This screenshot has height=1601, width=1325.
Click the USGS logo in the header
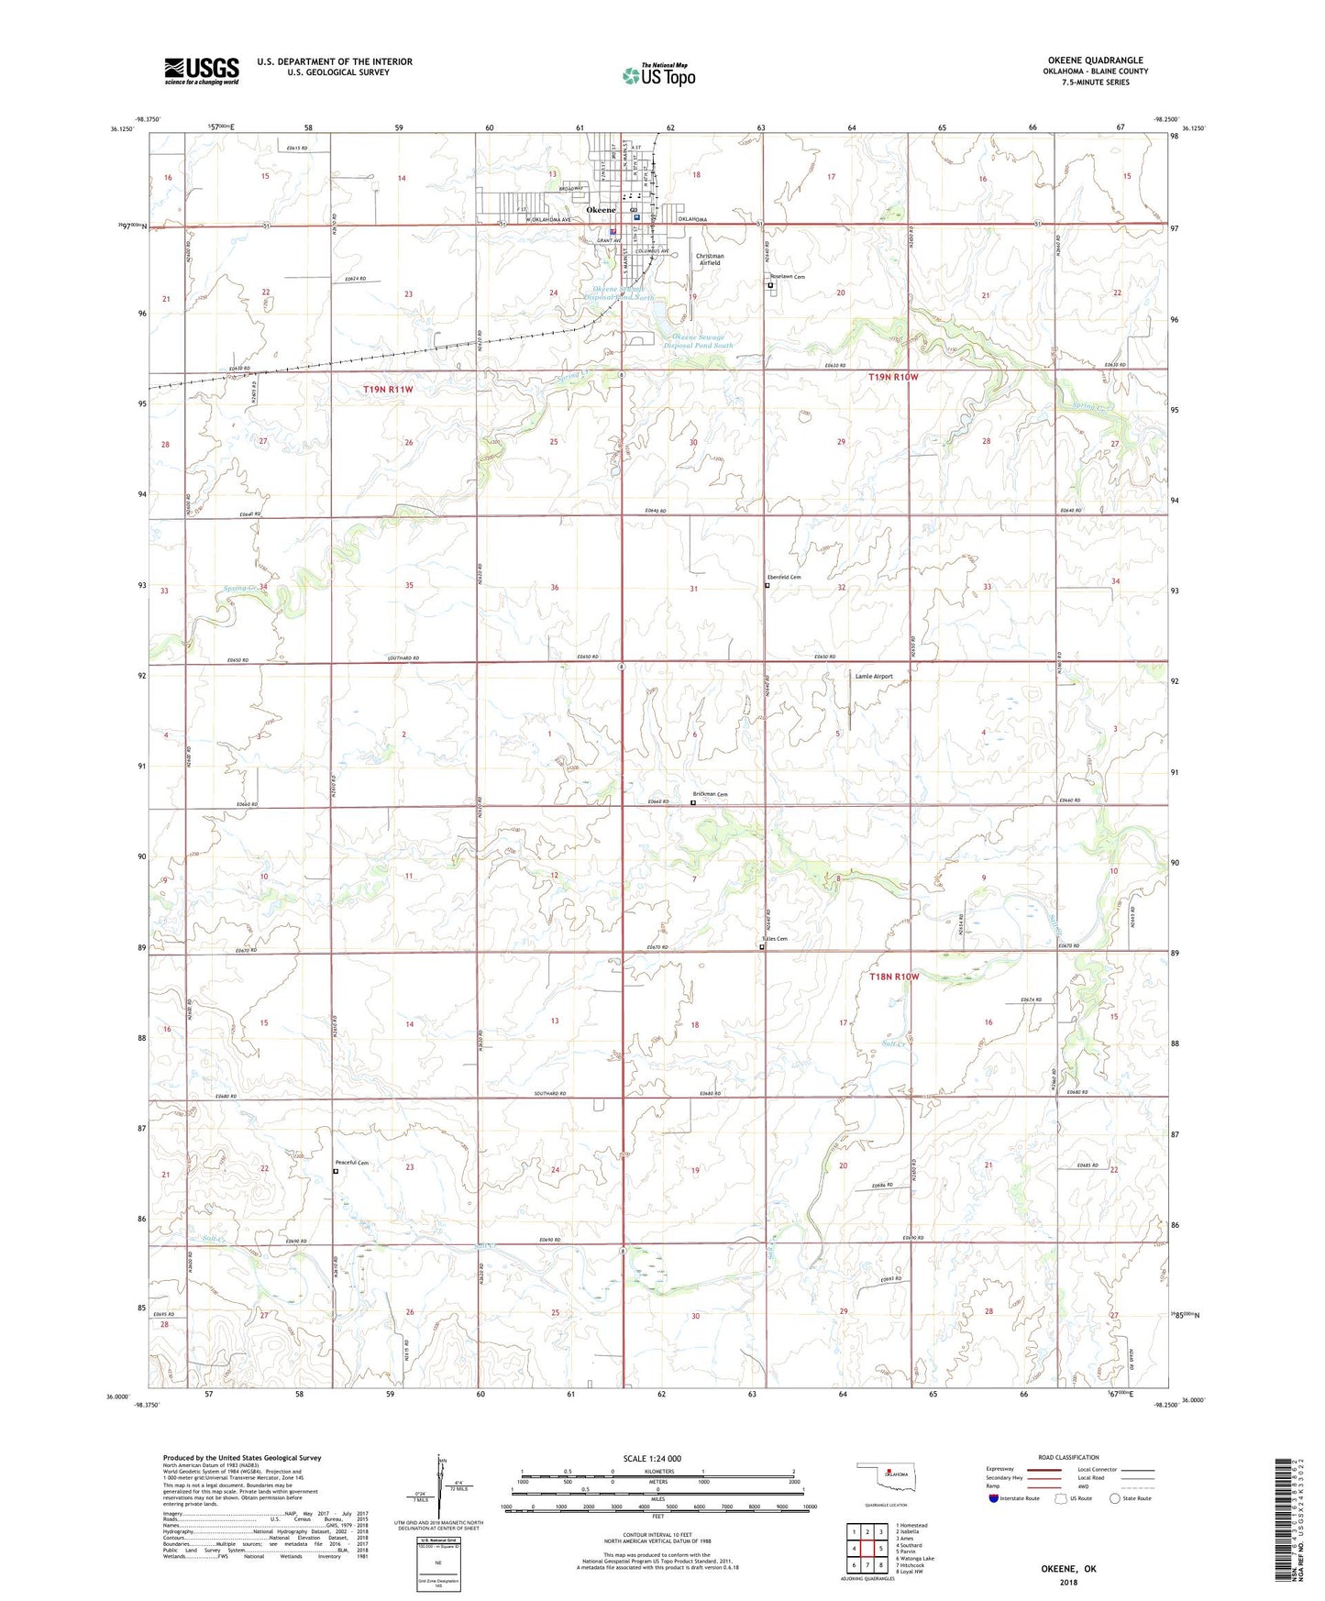pyautogui.click(x=202, y=71)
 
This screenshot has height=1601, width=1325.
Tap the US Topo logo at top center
pyautogui.click(x=658, y=75)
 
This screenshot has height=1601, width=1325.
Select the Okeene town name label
pyautogui.click(x=601, y=210)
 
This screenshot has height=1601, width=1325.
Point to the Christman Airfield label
pyautogui.click(x=710, y=259)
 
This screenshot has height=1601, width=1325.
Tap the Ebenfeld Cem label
pyautogui.click(x=784, y=577)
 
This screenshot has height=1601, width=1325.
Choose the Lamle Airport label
pyautogui.click(x=873, y=676)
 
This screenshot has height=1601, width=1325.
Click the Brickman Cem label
pyautogui.click(x=710, y=794)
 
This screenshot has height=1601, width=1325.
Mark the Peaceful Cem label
pyautogui.click(x=351, y=1163)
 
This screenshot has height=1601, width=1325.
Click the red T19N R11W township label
pyautogui.click(x=388, y=390)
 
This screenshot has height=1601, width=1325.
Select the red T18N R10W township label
pyautogui.click(x=893, y=977)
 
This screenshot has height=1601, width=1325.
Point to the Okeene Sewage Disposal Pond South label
pyautogui.click(x=698, y=341)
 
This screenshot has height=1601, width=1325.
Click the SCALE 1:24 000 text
pyautogui.click(x=652, y=1459)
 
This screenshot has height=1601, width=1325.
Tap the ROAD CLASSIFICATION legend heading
pyautogui.click(x=1067, y=1457)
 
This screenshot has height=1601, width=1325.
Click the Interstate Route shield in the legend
pyautogui.click(x=993, y=1498)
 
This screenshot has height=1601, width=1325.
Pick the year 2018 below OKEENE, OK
pyautogui.click(x=1067, y=1583)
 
